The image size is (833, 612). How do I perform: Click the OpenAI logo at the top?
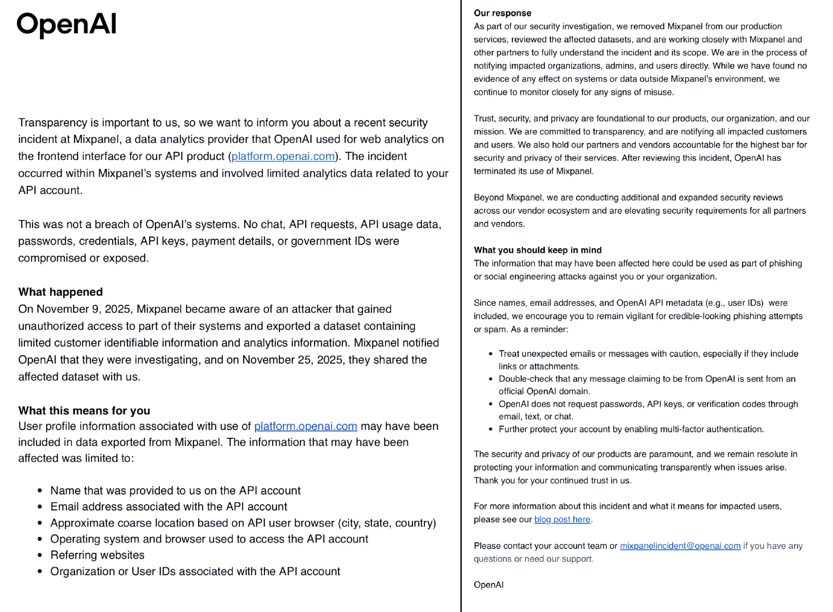(67, 24)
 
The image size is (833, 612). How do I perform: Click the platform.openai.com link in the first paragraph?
(283, 156)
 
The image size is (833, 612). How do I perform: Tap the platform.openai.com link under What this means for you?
(306, 426)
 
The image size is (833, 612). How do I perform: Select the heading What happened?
(60, 292)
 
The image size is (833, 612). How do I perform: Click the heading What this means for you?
(84, 410)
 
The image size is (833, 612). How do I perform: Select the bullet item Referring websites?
(97, 555)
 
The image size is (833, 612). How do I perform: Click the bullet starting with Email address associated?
(169, 507)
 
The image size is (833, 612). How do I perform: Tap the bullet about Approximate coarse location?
(243, 523)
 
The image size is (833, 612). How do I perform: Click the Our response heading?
(502, 13)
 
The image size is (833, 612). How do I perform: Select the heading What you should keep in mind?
(538, 250)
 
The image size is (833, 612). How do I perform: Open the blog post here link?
(562, 519)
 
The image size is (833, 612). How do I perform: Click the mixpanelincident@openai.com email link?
(680, 546)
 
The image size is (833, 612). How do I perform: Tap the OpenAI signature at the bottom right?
(488, 585)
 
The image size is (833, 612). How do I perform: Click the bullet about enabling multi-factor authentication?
(631, 429)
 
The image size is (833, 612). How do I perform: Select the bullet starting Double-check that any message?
(647, 379)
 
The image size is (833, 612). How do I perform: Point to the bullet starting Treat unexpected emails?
(648, 354)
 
